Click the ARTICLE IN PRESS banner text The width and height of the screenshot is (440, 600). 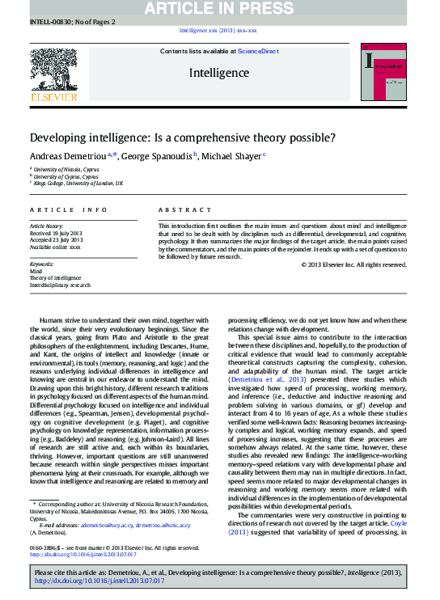tap(219, 9)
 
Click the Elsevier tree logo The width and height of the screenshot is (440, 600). tap(53, 70)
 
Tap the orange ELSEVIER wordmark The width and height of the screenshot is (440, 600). tap(53, 97)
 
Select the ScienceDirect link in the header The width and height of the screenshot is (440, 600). tap(258, 51)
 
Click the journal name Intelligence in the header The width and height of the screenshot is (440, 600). tap(219, 73)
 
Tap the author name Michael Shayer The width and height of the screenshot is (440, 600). tap(230, 155)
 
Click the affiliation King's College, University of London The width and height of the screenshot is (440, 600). tap(78, 184)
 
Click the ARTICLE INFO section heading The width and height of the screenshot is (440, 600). tap(69, 209)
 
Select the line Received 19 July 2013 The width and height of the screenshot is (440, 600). tap(57, 233)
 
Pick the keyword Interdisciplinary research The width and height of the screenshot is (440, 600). tap(61, 285)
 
